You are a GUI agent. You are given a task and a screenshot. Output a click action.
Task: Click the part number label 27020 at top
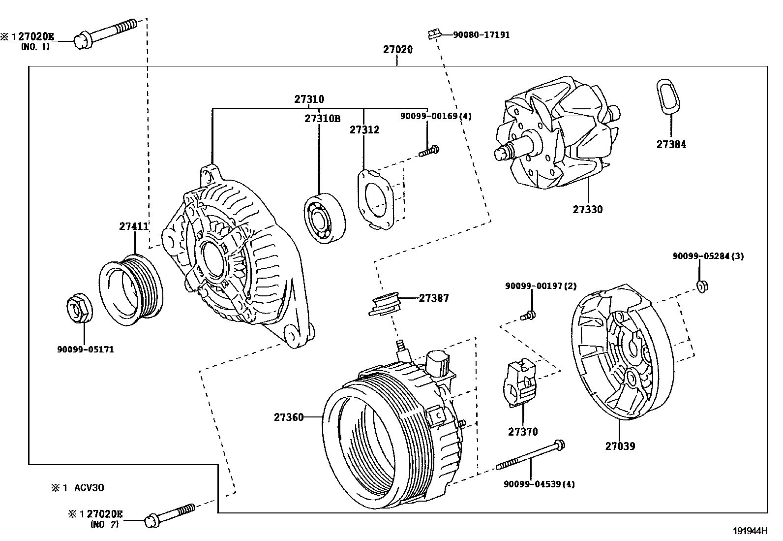pyautogui.click(x=397, y=50)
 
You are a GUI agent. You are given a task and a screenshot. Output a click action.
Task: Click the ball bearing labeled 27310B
pyautogui.click(x=324, y=218)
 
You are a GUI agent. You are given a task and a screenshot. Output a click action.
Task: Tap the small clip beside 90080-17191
pyautogui.click(x=433, y=34)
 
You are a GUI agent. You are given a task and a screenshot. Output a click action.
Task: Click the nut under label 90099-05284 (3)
pyautogui.click(x=702, y=286)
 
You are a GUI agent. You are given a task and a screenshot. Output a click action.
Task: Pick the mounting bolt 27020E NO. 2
pyautogui.click(x=169, y=513)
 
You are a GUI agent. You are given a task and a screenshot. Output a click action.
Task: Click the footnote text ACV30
pyautogui.click(x=89, y=488)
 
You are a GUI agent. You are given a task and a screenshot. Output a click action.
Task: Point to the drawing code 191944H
pyautogui.click(x=750, y=531)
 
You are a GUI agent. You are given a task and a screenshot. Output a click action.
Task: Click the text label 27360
pyautogui.click(x=289, y=417)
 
